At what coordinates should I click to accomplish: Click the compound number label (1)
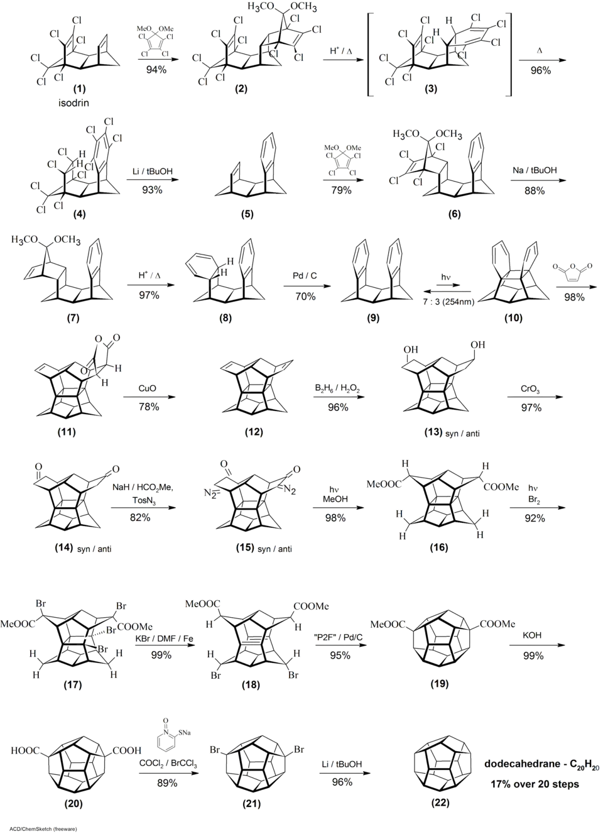point(80,87)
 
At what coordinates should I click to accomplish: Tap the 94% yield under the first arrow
point(156,70)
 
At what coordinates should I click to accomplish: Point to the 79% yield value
point(342,190)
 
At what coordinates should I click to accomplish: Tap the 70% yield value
point(305,296)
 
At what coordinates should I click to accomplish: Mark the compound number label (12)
point(254,432)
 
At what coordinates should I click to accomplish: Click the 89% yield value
point(167,783)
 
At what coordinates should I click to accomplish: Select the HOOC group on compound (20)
point(26,750)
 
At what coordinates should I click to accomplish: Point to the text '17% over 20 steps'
point(535,784)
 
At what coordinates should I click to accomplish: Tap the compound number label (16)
point(438,548)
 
